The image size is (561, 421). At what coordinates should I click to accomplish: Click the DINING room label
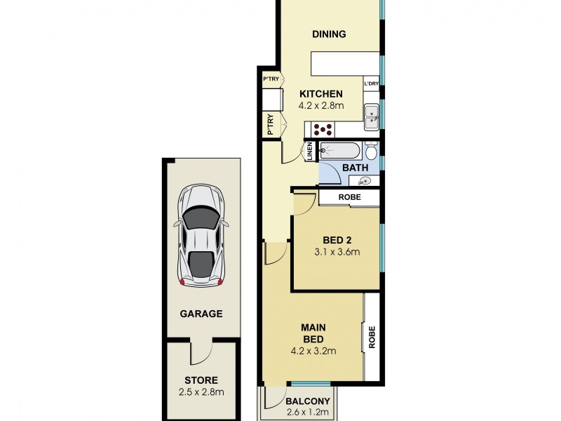329,34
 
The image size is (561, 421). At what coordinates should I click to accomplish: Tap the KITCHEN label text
320,94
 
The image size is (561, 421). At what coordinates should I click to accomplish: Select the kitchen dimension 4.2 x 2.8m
320,106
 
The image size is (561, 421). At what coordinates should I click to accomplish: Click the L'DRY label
372,85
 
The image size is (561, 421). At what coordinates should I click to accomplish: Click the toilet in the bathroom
372,150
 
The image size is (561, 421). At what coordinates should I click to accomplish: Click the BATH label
355,168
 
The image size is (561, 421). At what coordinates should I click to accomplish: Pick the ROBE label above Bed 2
349,198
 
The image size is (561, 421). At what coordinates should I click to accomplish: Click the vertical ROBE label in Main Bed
372,338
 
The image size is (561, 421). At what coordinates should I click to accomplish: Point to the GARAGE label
200,314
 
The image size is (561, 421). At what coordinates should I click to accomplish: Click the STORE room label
200,380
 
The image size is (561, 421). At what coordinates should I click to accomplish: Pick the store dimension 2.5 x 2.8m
200,392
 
